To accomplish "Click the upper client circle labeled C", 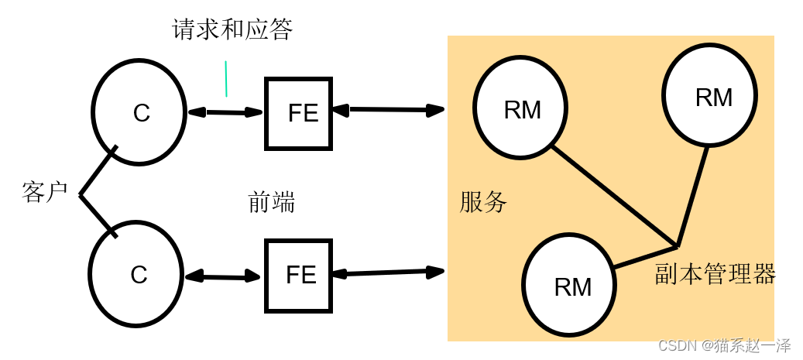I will tap(139, 112).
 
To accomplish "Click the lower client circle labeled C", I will tap(137, 275).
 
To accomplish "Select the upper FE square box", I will tap(299, 113).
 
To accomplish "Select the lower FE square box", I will tap(299, 276).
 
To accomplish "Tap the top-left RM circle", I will tap(520, 108).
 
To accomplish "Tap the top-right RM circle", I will tap(709, 96).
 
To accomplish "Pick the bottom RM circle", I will tap(570, 285).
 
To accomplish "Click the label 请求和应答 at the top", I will tap(232, 30).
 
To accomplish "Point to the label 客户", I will tap(45, 192).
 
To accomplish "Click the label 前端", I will tap(271, 202).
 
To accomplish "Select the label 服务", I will tap(483, 202).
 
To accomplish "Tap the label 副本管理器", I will tap(715, 273).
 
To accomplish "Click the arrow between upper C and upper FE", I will tap(225, 112).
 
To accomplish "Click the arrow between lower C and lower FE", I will tap(223, 276).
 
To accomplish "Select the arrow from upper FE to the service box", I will tap(388, 110).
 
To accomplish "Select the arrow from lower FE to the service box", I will tap(388, 273).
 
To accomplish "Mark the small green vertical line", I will tap(226, 79).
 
